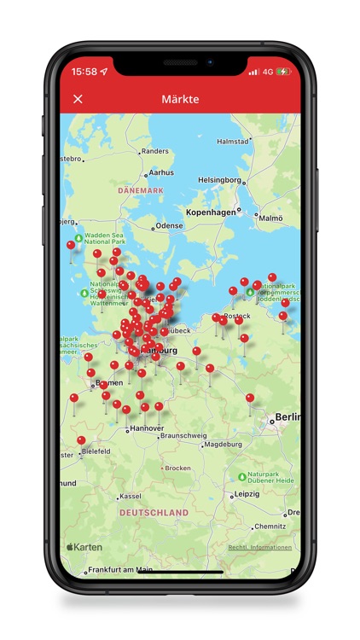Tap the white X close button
point(78,99)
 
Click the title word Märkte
point(180,99)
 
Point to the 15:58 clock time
point(84,72)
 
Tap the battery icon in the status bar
point(283,72)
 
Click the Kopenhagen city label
point(211,211)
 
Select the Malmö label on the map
point(270,218)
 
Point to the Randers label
point(154,151)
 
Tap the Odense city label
point(169,226)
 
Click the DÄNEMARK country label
point(140,190)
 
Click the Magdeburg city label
point(224,444)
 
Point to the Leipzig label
point(247,493)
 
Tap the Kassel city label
point(131,496)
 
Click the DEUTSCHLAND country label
point(154,513)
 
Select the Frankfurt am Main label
point(120,569)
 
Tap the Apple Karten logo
point(85,547)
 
